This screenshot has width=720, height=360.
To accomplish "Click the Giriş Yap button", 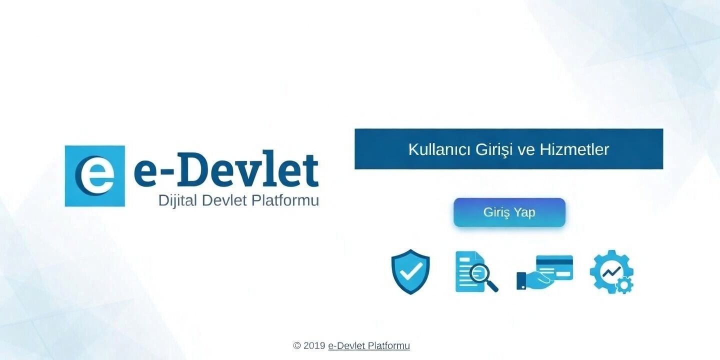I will (509, 212).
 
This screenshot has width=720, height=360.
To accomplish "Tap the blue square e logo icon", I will (94, 176).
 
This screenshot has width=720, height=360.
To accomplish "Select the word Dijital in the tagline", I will (178, 201).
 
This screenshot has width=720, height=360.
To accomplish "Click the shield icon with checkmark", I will (410, 271).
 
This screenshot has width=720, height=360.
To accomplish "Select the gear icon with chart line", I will (611, 271).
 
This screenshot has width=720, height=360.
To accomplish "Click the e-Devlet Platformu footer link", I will (369, 345).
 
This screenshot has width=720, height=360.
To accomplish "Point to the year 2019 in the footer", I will (314, 345).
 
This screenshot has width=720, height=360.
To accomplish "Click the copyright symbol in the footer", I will (297, 345).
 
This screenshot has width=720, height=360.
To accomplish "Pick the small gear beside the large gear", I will (625, 285).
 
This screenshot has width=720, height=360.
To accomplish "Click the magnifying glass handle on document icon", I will (492, 286).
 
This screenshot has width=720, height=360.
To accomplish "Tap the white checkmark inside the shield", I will (410, 271).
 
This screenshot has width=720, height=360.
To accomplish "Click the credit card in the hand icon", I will (554, 266).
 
